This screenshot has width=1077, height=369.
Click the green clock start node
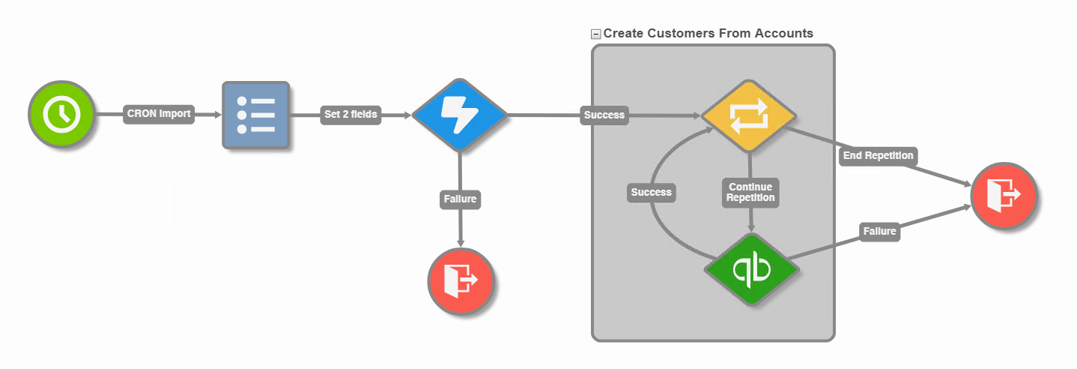(61, 115)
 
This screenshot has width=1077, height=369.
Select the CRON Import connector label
(159, 115)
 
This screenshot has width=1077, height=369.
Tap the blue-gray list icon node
(255, 115)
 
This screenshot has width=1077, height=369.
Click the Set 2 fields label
(350, 115)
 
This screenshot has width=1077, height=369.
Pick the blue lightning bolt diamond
(460, 115)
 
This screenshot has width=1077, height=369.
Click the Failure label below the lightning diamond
(460, 199)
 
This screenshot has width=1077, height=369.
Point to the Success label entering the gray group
(604, 115)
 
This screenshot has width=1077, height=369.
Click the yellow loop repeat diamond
(748, 116)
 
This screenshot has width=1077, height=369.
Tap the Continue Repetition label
(750, 192)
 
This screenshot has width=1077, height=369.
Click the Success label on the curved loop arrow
(651, 192)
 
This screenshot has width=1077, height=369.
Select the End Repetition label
(878, 156)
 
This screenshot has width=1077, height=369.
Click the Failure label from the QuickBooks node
(879, 231)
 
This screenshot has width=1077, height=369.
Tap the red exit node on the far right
(1004, 193)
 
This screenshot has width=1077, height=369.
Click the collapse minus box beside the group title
(596, 34)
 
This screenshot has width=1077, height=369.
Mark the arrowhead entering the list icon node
(217, 115)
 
